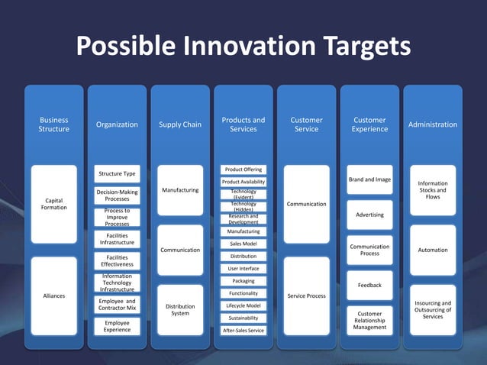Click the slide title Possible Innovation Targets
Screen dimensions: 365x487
(x=243, y=47)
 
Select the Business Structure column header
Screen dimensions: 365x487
(x=53, y=124)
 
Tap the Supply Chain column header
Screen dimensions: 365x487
(x=180, y=124)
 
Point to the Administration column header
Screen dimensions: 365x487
(x=433, y=124)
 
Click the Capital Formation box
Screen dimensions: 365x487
(x=53, y=204)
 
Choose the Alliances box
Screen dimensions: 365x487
(x=53, y=296)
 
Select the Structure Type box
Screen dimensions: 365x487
(x=117, y=174)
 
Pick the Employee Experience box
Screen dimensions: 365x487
(x=117, y=326)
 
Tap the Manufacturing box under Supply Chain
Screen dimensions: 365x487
(x=180, y=190)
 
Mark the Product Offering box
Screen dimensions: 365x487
(x=243, y=169)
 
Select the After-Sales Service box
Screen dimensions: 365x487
(x=243, y=331)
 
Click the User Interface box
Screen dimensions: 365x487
(x=243, y=269)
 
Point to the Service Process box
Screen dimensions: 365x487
(x=307, y=296)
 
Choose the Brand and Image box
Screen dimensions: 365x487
(x=369, y=179)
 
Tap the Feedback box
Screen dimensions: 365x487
(x=369, y=285)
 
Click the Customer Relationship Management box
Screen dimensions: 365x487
(x=369, y=321)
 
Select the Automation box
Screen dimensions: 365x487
(x=433, y=250)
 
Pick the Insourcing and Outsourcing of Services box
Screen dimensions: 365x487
(x=433, y=309)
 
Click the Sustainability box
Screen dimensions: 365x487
(x=243, y=318)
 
